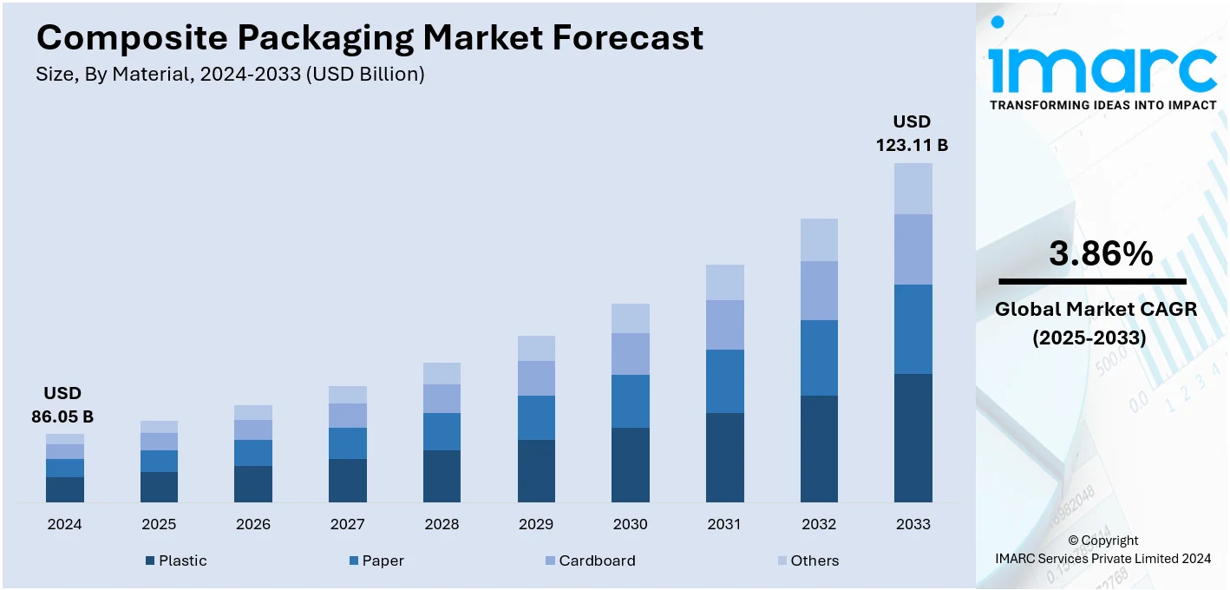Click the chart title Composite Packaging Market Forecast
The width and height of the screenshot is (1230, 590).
pos(370,38)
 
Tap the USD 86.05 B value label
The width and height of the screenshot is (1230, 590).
pos(62,405)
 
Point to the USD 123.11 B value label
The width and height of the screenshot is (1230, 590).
pos(912,134)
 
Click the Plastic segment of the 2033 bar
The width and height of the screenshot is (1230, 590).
pos(913,437)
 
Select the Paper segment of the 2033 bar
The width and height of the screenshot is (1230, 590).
pos(913,329)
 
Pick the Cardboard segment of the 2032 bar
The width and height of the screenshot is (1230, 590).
pos(819,290)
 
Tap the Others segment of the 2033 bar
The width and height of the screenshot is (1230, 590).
pos(913,188)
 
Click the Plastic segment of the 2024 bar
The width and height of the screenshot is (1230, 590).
pos(65,489)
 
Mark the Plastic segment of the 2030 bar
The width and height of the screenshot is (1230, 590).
pos(631,464)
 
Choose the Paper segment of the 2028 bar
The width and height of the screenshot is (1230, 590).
pos(442,431)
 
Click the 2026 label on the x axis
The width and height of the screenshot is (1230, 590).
pos(253,524)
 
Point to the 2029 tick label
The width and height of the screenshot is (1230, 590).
pos(536,524)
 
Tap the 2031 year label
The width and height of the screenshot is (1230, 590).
pos(724,524)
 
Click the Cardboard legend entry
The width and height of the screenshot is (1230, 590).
pos(589,560)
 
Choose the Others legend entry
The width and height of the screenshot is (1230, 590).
pos(807,560)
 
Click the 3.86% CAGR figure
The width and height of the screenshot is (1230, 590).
pos(1101,253)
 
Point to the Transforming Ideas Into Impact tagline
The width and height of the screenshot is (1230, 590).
pos(1102,105)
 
